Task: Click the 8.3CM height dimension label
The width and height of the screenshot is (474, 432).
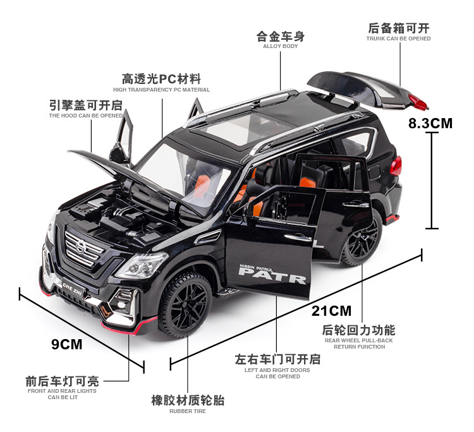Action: coord(430,123)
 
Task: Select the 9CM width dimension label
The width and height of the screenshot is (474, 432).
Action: coord(66,344)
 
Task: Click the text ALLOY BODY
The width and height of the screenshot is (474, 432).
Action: coord(280,46)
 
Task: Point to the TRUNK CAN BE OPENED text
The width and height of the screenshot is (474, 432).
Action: coord(398,39)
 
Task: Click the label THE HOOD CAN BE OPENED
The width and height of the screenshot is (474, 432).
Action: coord(86,116)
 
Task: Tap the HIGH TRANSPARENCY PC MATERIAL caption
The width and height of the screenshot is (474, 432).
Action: coord(161,90)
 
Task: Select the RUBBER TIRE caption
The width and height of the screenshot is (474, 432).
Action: coord(187,411)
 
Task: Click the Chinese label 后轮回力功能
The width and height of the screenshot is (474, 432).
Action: coord(358,330)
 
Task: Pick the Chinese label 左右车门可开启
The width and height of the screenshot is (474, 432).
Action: coord(277,359)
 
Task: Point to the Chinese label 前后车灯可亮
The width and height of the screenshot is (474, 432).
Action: coord(62,381)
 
